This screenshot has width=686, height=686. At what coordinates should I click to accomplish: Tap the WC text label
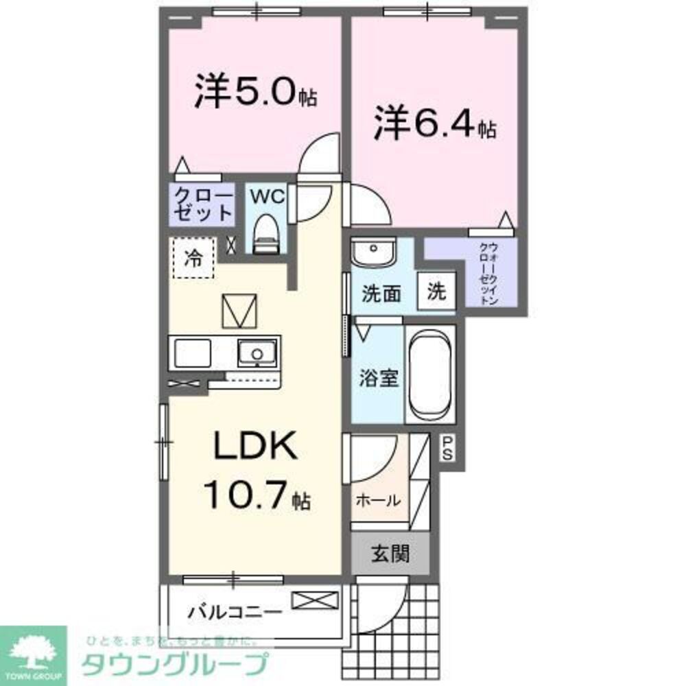click(x=265, y=196)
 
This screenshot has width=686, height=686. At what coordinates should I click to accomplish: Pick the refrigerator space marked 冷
click(x=193, y=259)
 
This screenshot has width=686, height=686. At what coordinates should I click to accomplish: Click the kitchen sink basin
click(x=257, y=354)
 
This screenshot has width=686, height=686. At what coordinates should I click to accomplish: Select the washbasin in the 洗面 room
click(x=374, y=252)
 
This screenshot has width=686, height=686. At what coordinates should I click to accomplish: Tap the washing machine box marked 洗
click(x=436, y=292)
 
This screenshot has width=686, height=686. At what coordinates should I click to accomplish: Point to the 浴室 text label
click(x=379, y=378)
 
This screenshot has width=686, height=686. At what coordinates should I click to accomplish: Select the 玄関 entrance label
click(x=391, y=553)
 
